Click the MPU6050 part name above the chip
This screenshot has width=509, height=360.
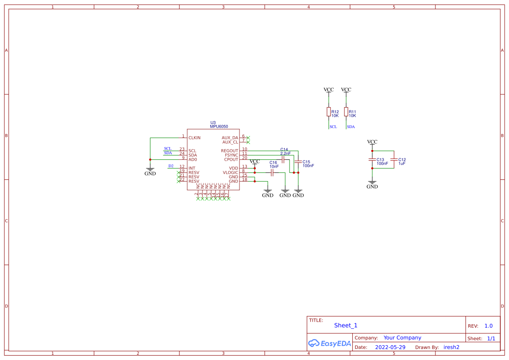(219, 127)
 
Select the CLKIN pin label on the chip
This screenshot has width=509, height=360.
(194, 138)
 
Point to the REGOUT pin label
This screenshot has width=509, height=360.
(229, 151)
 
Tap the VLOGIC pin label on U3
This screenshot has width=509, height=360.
(230, 173)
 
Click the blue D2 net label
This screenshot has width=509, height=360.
(171, 166)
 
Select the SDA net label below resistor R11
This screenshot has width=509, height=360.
(351, 127)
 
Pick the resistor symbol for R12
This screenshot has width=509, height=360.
(329, 112)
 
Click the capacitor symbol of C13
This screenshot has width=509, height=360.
(372, 160)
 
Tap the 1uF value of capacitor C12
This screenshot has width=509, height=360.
(402, 164)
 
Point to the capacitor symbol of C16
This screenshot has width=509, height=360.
(272, 173)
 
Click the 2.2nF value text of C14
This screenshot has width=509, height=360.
(285, 153)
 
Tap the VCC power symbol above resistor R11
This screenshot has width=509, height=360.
(346, 90)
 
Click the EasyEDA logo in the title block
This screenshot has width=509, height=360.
(329, 343)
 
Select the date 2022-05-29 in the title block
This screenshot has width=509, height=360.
(390, 347)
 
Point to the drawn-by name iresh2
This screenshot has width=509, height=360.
(451, 347)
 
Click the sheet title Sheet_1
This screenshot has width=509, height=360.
(346, 325)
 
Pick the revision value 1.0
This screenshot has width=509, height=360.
(488, 326)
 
